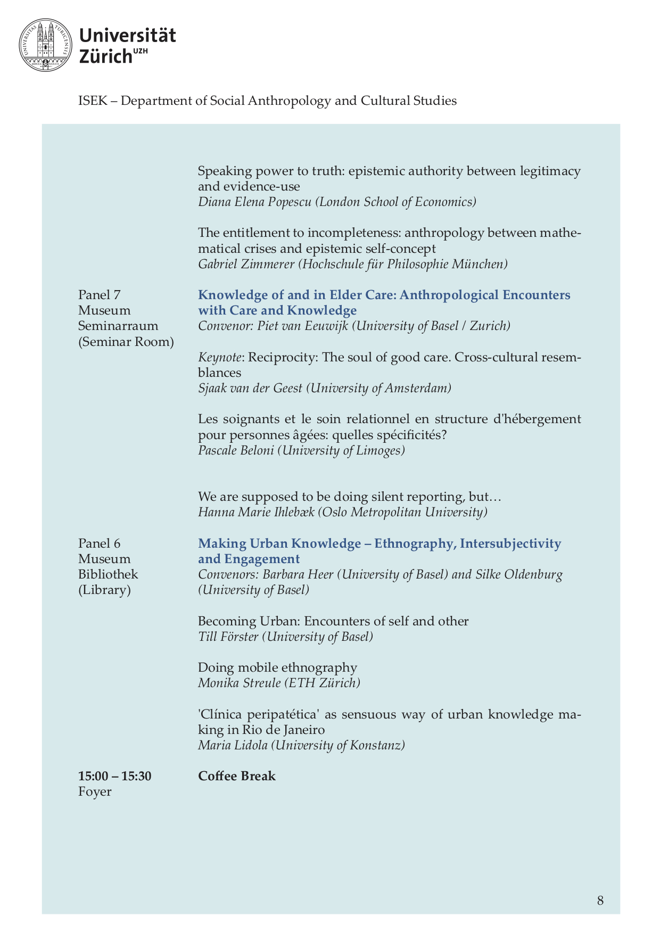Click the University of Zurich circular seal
click(45, 45)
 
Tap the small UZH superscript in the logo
click(141, 51)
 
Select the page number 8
click(600, 901)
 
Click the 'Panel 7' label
click(100, 295)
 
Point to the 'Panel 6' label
click(100, 543)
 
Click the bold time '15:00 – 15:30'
click(115, 776)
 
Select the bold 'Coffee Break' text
click(237, 776)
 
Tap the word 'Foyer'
click(95, 791)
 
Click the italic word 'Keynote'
click(219, 357)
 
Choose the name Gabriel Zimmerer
click(246, 265)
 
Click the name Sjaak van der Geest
click(250, 389)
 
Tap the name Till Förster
click(228, 637)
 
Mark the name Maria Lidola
click(233, 745)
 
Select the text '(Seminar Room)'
click(126, 342)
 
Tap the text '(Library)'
click(104, 590)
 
